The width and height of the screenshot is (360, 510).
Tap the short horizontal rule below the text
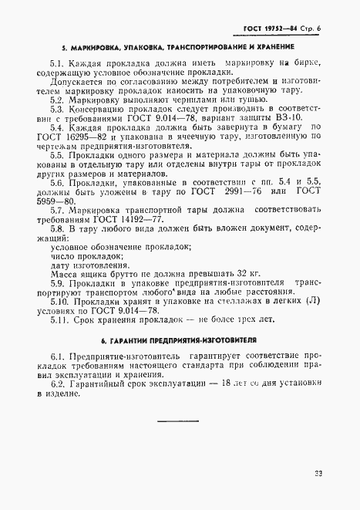[178, 420]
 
